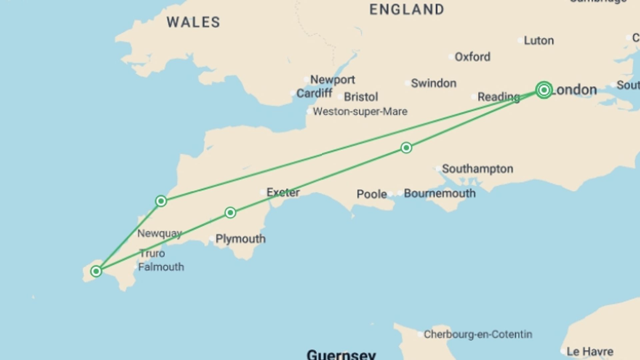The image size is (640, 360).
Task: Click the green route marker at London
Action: click(x=544, y=90)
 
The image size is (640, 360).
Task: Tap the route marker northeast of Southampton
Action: click(x=406, y=148)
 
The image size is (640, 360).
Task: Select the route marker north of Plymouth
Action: click(x=230, y=213)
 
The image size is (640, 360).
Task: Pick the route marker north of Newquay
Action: click(x=161, y=201)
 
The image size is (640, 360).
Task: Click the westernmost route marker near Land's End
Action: click(x=96, y=271)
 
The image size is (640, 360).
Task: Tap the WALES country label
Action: click(x=193, y=22)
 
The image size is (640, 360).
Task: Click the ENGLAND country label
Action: click(x=407, y=9)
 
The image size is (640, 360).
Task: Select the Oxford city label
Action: click(x=472, y=57)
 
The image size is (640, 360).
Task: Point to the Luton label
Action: click(x=539, y=41)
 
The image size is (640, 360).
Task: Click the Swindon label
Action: click(x=433, y=83)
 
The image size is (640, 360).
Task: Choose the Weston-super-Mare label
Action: click(x=360, y=111)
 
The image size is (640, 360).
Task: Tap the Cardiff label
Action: click(x=314, y=93)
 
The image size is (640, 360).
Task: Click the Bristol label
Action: click(x=361, y=97)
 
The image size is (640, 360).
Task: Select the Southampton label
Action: click(x=477, y=169)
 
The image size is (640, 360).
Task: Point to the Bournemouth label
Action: click(x=439, y=193)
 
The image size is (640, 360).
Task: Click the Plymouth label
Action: click(x=240, y=239)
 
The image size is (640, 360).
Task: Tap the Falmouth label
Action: click(x=161, y=267)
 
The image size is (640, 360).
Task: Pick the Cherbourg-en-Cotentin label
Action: click(x=478, y=334)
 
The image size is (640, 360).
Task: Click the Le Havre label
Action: click(x=590, y=351)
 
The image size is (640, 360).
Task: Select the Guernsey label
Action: click(x=341, y=354)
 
